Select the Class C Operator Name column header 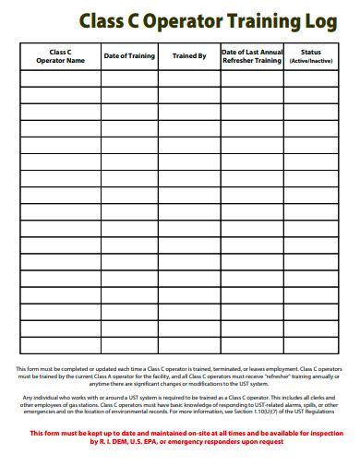60,56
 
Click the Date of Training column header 129,56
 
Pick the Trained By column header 189,56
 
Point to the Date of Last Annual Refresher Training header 252,56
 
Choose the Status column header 311,53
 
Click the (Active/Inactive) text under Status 311,61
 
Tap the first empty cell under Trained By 189,78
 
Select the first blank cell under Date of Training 129,78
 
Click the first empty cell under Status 311,78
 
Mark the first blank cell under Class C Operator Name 60,78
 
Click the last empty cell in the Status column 311,344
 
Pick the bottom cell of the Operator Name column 60,344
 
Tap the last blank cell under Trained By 189,344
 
